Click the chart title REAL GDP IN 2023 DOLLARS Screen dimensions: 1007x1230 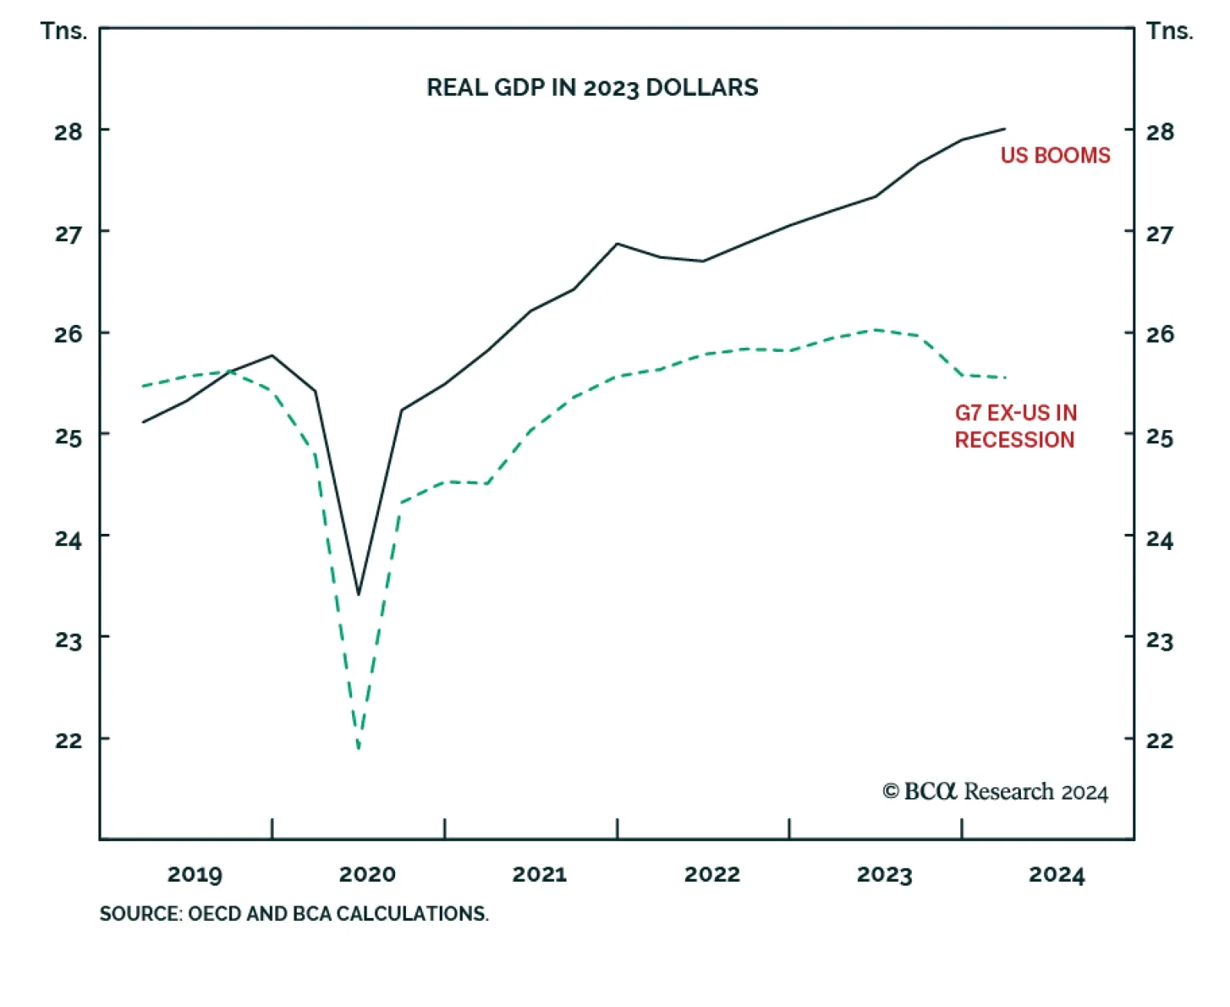tap(592, 88)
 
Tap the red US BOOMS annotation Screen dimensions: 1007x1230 tap(1055, 155)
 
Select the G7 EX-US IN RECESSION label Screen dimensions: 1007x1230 tap(1015, 426)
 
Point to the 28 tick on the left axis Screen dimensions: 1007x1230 tap(68, 132)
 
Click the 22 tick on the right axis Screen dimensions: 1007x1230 tap(1159, 740)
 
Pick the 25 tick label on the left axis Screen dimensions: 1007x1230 tap(68, 436)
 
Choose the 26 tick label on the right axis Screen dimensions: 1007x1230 tap(1159, 334)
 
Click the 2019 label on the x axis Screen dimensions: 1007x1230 tap(194, 874)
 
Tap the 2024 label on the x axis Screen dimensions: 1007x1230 tap(1056, 874)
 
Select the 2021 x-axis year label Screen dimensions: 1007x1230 tap(540, 874)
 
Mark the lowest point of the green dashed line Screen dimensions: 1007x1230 tap(359, 747)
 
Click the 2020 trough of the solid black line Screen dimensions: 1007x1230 tap(358, 595)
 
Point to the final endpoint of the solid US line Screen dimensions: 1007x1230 tap(1005, 128)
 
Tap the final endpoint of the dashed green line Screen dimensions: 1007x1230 tap(1005, 377)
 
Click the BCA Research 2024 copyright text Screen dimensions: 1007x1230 tap(995, 792)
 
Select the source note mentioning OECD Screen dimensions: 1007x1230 tap(294, 913)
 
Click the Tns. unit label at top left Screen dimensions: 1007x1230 tap(64, 31)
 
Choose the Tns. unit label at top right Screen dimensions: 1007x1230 tap(1169, 31)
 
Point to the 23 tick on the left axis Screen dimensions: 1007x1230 tap(68, 640)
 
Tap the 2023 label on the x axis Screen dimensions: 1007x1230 tap(884, 874)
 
